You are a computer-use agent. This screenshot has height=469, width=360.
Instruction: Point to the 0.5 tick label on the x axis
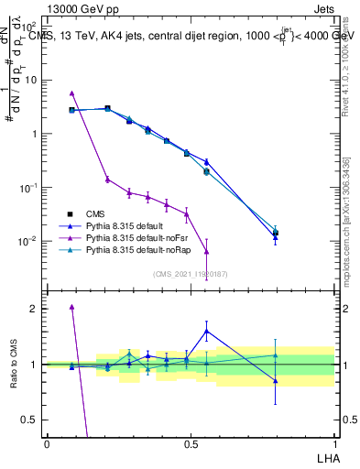coord(190,442)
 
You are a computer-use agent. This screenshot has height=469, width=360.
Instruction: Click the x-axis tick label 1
coord(334,442)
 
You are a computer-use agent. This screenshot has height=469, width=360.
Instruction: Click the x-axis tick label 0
coord(47,442)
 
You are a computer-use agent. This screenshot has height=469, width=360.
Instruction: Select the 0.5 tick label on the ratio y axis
coord(29,420)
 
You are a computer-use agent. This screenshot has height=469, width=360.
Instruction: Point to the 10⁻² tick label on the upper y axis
coord(27,242)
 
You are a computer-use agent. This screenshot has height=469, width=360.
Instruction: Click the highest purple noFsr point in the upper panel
coord(71,93)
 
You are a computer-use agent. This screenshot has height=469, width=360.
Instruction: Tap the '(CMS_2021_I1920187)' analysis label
coord(191,274)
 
